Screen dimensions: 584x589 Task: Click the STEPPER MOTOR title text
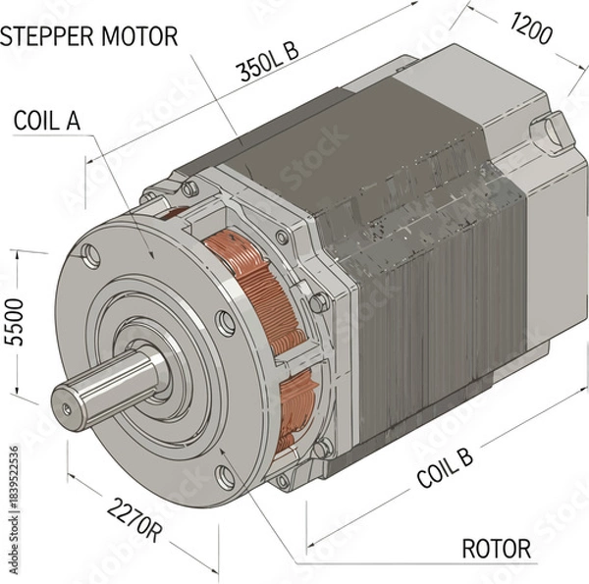[88, 37]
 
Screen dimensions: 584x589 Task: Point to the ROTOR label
[496, 548]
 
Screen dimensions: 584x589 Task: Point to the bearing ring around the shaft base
[177, 368]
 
